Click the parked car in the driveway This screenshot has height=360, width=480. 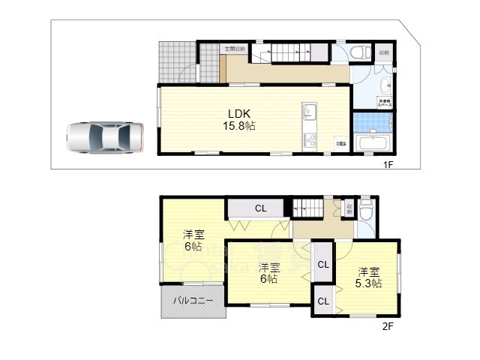point(104,138)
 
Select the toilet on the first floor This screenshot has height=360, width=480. point(360,52)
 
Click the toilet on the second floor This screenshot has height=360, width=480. point(366,209)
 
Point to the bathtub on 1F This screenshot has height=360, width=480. point(373,142)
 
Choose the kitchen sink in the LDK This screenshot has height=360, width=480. point(310,113)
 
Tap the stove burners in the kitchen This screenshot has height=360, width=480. point(310,140)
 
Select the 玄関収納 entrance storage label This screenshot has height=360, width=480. point(234,49)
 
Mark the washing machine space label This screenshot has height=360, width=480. point(385,102)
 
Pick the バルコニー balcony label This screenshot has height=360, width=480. point(193,301)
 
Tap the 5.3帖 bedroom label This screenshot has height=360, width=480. point(368,277)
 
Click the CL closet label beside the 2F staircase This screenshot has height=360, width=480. point(259,208)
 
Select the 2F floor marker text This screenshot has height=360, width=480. point(388,326)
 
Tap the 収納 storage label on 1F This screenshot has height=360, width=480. point(384,52)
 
